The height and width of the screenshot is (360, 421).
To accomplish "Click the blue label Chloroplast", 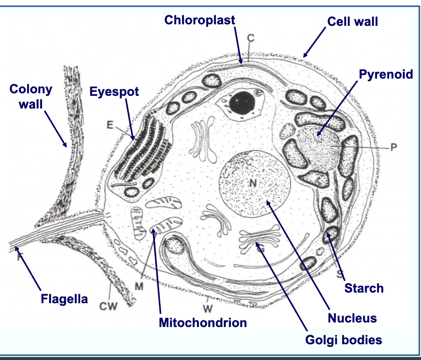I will click(199, 20).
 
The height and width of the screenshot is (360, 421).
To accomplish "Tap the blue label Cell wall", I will click(353, 22).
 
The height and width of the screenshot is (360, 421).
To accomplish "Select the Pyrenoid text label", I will click(386, 75).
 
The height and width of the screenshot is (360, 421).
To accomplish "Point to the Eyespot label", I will click(114, 91).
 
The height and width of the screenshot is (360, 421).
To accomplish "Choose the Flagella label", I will click(64, 299).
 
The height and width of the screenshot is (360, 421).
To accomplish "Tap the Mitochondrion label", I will click(203, 322).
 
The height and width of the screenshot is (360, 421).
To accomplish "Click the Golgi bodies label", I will click(343, 339).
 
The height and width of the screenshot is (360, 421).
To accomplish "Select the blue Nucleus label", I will click(352, 318).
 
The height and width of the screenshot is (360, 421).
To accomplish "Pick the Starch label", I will click(364, 289).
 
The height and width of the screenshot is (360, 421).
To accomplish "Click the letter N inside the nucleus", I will click(252, 184).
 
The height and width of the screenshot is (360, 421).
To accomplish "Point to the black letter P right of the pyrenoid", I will click(393, 148).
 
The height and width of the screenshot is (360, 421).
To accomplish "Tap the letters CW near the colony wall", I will click(108, 306).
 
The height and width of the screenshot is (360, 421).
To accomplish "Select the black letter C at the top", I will click(251, 38).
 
